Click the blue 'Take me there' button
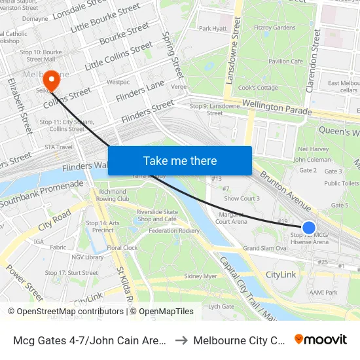[179, 160]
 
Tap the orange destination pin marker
[50, 81]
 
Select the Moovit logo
[321, 339]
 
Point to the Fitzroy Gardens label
[275, 28]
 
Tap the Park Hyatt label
[213, 28]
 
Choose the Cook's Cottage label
[258, 88]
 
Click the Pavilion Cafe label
[285, 62]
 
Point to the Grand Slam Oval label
[265, 249]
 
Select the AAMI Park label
[323, 293]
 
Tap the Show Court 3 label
[242, 198]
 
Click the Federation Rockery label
[174, 231]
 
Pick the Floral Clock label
[122, 249]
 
